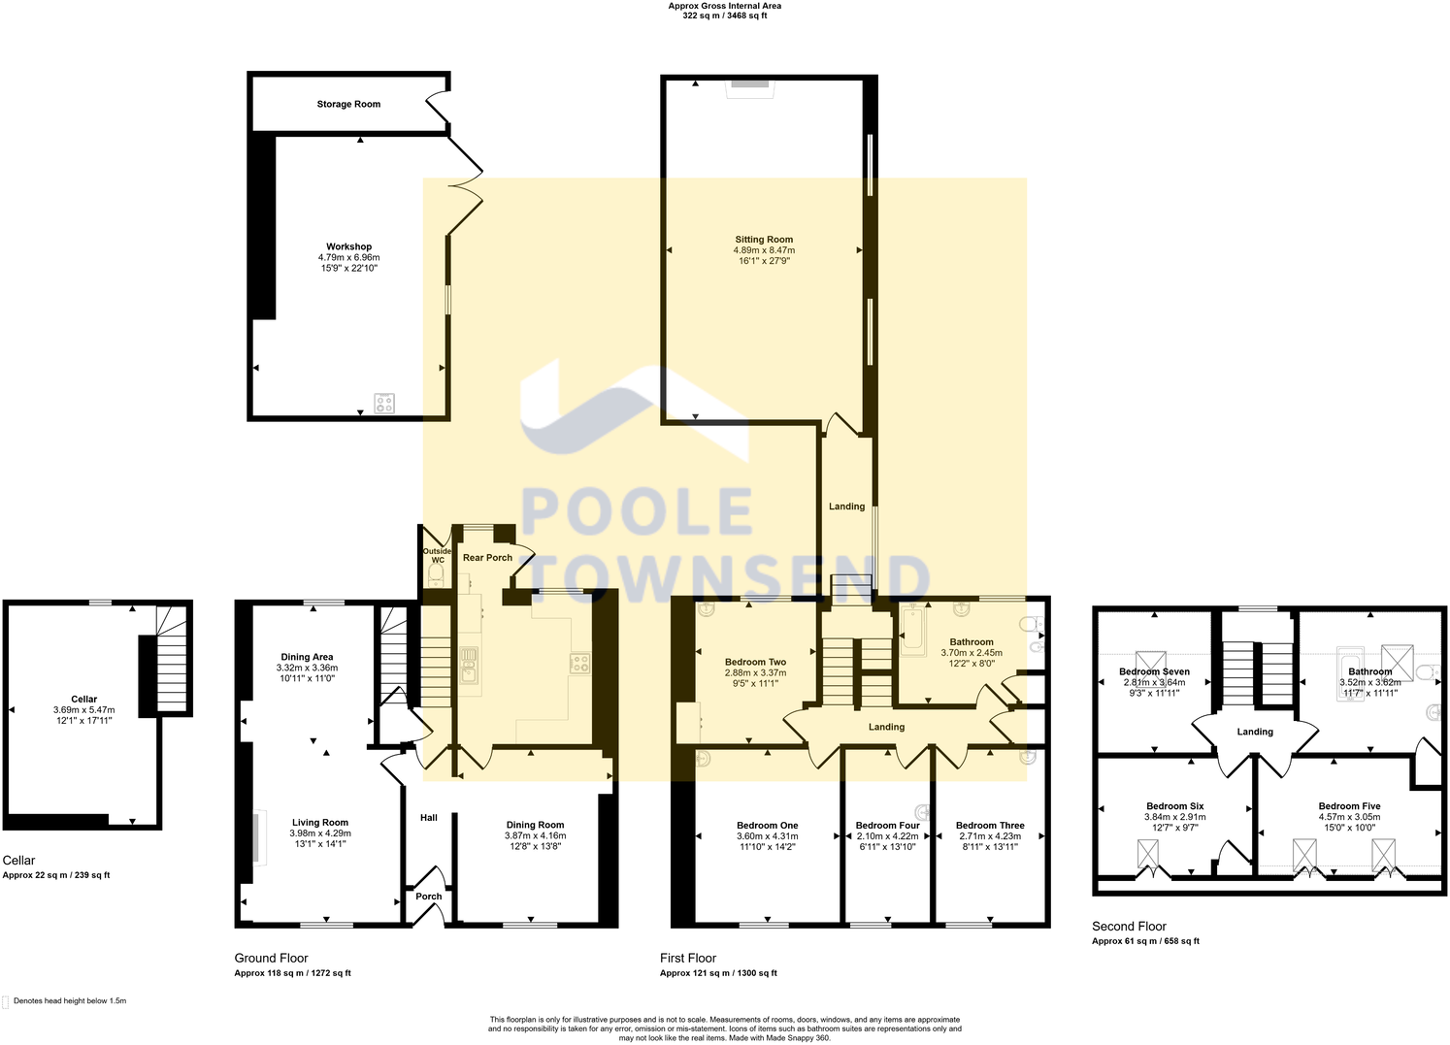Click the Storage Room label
[x=348, y=104]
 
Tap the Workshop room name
[x=348, y=246]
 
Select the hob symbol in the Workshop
[x=384, y=403]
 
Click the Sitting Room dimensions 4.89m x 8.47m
[x=764, y=250]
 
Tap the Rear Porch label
[x=487, y=558]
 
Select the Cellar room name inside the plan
[x=84, y=699]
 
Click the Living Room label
[x=320, y=822]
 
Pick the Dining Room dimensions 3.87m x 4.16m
[x=535, y=835]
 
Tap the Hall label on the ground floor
[x=428, y=818]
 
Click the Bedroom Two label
[x=755, y=662]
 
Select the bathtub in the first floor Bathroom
[x=914, y=631]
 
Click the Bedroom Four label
[x=887, y=825]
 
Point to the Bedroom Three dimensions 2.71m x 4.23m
[x=990, y=835]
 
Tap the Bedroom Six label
[x=1174, y=806]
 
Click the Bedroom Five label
[x=1349, y=806]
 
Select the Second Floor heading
[x=1129, y=926]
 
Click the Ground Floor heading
[x=271, y=958]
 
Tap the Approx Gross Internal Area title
[x=724, y=6]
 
